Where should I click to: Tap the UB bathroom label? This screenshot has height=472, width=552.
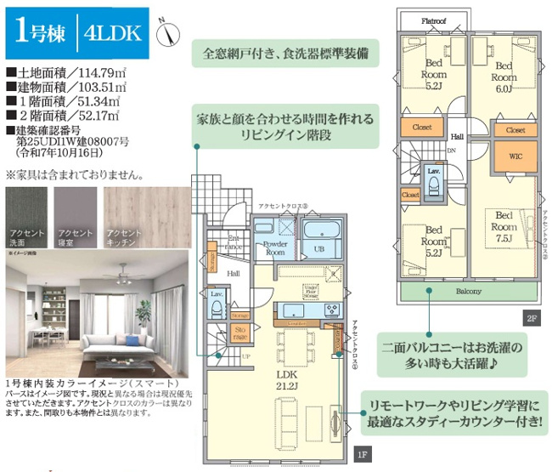[x=320, y=248]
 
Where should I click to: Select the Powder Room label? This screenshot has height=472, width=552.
[x=274, y=247]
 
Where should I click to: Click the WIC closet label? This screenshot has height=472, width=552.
[x=515, y=156]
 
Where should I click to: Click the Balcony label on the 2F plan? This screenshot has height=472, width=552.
[x=467, y=292]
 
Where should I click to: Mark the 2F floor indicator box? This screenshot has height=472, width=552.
[x=531, y=319]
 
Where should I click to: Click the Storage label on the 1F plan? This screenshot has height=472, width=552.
[x=240, y=332]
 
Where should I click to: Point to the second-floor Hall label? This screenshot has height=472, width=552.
[x=457, y=137]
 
